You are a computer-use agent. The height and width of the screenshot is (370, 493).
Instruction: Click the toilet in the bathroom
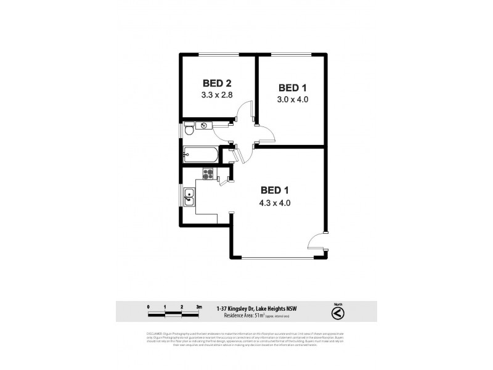pos(190,129)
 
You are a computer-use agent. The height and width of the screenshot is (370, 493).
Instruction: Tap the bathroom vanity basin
pos(204,126)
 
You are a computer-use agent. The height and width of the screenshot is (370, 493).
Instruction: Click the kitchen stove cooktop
pos(209,174)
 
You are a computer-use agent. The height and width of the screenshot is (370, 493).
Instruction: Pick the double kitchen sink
pos(190,197)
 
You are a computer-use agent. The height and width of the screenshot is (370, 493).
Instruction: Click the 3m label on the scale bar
pos(199,306)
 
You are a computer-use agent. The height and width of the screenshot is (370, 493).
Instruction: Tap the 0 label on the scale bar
pos(149,306)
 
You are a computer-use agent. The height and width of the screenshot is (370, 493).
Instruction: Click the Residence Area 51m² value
pos(261,315)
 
